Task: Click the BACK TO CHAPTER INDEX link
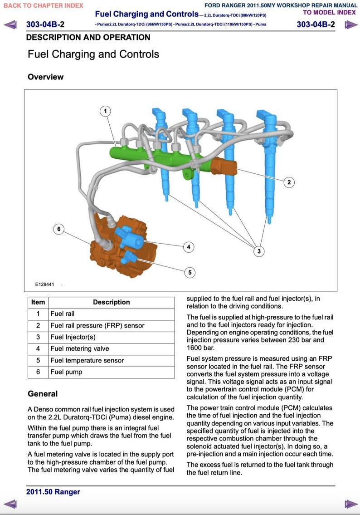click(44, 5)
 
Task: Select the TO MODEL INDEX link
click(329, 12)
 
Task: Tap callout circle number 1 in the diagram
click(105, 111)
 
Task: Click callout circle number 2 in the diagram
click(289, 182)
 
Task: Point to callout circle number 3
click(259, 251)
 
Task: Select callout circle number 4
click(189, 247)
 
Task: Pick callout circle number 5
click(190, 272)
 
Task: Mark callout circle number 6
click(58, 229)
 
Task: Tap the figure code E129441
click(45, 284)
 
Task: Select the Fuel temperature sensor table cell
click(87, 360)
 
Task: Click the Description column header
click(111, 302)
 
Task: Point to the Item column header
click(38, 302)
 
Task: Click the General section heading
click(43, 394)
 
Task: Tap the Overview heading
click(45, 77)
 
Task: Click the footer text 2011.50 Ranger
click(53, 492)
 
